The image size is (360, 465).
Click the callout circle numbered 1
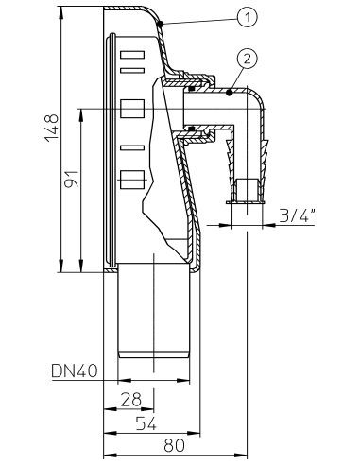248,17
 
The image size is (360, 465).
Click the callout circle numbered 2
248,59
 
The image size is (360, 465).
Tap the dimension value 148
52,128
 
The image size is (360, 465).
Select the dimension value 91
72,179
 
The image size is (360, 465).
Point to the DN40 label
75,370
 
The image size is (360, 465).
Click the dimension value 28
131,400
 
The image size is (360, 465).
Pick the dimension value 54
146,423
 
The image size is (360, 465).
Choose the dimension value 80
174,445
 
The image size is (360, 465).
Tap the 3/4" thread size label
297,215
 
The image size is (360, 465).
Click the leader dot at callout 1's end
161,24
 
